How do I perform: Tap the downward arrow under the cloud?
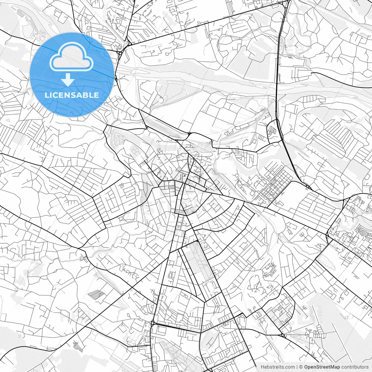tap(68, 79)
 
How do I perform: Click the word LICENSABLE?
tap(72, 95)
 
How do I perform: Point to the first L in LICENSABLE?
tap(46, 95)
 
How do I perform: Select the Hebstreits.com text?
tap(277, 367)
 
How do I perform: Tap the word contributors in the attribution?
tap(355, 367)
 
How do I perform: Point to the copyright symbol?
tap(301, 367)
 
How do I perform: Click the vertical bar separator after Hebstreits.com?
tap(297, 367)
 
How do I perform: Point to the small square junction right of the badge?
tap(120, 53)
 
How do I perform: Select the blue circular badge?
tap(72, 75)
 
